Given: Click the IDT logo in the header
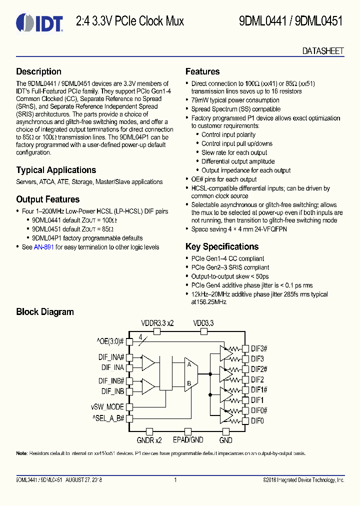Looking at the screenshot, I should (x=39, y=22).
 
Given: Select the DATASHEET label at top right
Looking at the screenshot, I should (x=323, y=51).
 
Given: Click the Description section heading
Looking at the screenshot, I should (x=38, y=71).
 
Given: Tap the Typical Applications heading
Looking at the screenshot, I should (x=56, y=170).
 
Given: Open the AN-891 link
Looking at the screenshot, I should (x=43, y=247).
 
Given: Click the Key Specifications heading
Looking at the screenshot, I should (x=222, y=246).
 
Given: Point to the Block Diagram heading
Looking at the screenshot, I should (x=45, y=312).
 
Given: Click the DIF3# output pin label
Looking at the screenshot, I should (x=259, y=348).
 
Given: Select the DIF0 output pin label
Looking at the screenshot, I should (x=257, y=421).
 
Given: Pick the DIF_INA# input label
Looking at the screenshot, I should (x=111, y=357).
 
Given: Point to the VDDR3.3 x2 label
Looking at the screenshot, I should (x=157, y=323).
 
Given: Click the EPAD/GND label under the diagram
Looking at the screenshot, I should (x=188, y=440).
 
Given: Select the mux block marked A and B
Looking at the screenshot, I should (x=191, y=374).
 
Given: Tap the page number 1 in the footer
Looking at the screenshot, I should (x=175, y=480).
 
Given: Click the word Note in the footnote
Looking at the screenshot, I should (x=21, y=453).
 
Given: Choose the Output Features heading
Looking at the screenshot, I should (x=47, y=199).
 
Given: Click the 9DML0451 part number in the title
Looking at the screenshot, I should (x=318, y=21).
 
